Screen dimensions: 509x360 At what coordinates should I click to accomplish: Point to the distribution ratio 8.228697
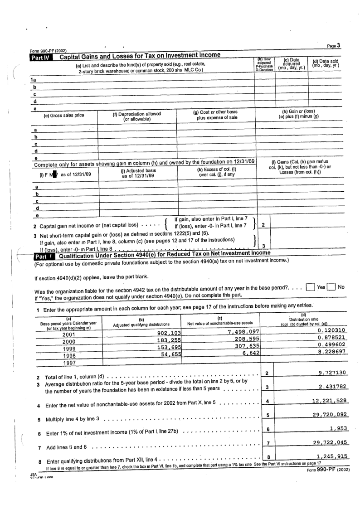[331, 352]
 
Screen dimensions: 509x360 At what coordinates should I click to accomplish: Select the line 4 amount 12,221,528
[330, 401]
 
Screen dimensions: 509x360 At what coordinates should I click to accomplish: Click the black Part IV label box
[42, 57]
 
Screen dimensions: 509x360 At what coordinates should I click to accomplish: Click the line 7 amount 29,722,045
[330, 442]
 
